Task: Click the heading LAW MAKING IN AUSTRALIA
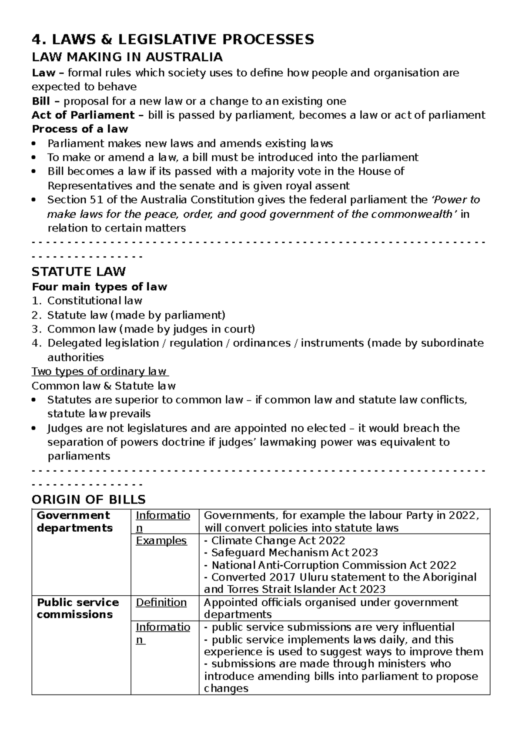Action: (x=127, y=57)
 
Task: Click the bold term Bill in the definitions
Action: (x=41, y=101)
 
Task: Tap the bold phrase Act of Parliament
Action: (x=83, y=115)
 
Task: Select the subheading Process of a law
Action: (x=80, y=129)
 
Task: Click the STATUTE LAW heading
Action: (x=79, y=272)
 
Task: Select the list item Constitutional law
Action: (x=94, y=301)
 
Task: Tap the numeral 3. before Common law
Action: (x=36, y=329)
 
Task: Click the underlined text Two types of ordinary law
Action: (x=100, y=372)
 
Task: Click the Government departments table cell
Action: (x=74, y=522)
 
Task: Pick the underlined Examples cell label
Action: (x=161, y=541)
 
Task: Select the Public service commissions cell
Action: (x=77, y=608)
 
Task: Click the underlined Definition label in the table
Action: (x=161, y=603)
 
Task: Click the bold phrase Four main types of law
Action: (x=99, y=287)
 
